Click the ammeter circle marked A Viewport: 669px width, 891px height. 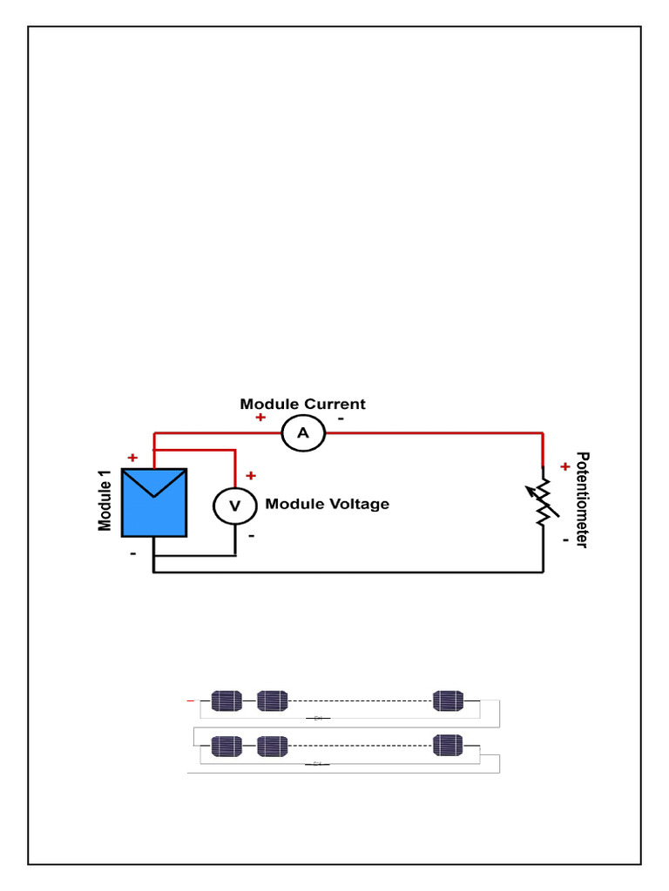pyautogui.click(x=303, y=433)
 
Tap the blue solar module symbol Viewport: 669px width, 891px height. pyautogui.click(x=154, y=502)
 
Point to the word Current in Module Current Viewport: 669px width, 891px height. pyautogui.click(x=334, y=404)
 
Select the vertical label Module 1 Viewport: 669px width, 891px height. pyautogui.click(x=105, y=501)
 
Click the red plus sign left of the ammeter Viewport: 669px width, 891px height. pyautogui.click(x=260, y=418)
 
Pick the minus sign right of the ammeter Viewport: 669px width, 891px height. pyautogui.click(x=341, y=418)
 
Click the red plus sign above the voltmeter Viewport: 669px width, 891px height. pyautogui.click(x=251, y=476)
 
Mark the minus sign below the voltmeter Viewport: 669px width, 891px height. pyautogui.click(x=251, y=536)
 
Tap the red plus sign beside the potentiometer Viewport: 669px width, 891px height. pyautogui.click(x=564, y=466)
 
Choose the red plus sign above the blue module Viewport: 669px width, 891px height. pyautogui.click(x=132, y=458)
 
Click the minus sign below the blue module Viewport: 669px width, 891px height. pyautogui.click(x=133, y=553)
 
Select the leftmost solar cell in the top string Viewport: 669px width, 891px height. pyautogui.click(x=226, y=700)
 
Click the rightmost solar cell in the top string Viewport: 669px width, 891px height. pyautogui.click(x=449, y=700)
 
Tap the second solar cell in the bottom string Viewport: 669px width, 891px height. pyautogui.click(x=272, y=746)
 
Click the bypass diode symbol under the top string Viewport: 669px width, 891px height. pyautogui.click(x=318, y=718)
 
